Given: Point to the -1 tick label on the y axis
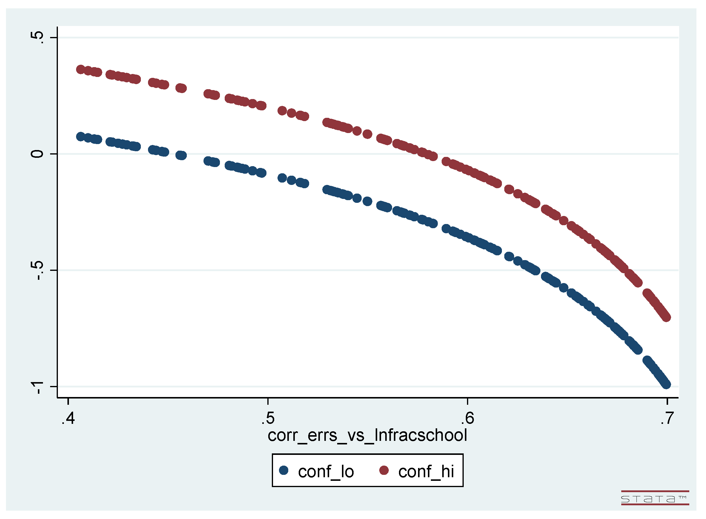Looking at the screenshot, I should (x=37, y=388).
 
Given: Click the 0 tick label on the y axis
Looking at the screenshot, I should (x=37, y=154).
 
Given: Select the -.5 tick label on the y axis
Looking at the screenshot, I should (x=37, y=270).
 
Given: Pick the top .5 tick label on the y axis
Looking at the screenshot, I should (x=37, y=37).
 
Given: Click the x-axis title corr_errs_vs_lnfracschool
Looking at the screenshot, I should (x=367, y=435).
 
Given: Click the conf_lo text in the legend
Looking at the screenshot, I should (x=326, y=472).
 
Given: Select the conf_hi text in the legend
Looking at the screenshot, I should (x=426, y=472).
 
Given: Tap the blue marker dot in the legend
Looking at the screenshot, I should (x=284, y=470).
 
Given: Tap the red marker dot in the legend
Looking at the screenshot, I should (x=384, y=470).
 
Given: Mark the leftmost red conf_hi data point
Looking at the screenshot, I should (x=81, y=69).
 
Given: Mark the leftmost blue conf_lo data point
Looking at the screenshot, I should (x=81, y=137).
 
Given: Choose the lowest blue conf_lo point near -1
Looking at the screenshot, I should (x=666, y=384).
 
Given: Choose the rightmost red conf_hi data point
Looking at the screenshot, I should (x=666, y=317).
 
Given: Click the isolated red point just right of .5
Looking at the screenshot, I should (x=282, y=111).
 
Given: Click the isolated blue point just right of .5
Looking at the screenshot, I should (x=282, y=178).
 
